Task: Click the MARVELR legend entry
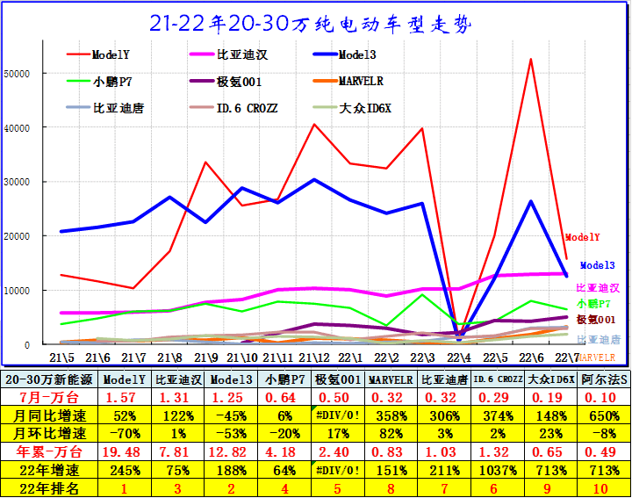[x=360, y=81]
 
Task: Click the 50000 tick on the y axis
[x=18, y=74]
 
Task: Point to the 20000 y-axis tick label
[x=18, y=236]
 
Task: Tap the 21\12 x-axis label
[x=313, y=357]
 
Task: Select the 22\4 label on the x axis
[x=457, y=357]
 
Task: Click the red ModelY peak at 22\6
[x=530, y=60]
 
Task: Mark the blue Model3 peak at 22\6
[x=530, y=202]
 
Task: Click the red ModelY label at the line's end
[x=582, y=237]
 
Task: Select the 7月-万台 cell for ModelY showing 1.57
[x=123, y=399]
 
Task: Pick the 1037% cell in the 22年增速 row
[x=499, y=467]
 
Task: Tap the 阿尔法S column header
[x=604, y=379]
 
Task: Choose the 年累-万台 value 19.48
[x=123, y=451]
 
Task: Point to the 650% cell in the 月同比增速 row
[x=604, y=416]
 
